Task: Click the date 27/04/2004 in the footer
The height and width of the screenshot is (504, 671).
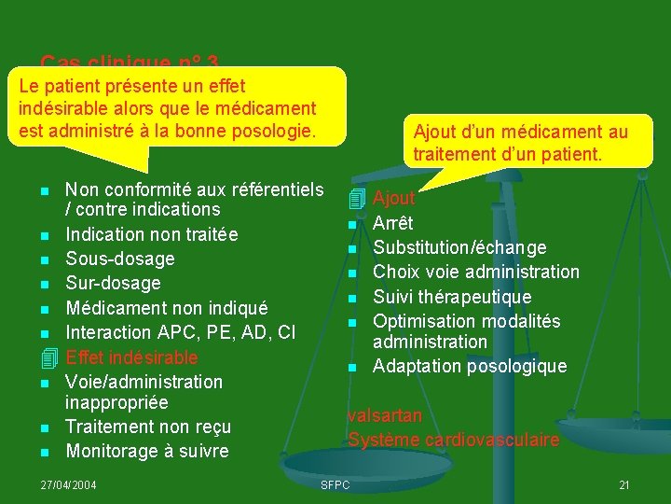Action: [x=71, y=484]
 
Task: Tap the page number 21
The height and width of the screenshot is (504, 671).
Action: [x=624, y=484]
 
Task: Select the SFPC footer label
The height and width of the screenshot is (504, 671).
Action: [x=335, y=484]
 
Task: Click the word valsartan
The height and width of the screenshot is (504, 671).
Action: [x=385, y=416]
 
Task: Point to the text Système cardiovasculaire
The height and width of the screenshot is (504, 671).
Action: [x=454, y=440]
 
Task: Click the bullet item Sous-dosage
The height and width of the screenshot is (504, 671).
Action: [x=120, y=259]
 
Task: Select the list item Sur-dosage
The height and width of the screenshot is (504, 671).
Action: [x=113, y=283]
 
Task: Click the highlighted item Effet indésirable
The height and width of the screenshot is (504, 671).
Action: [x=131, y=357]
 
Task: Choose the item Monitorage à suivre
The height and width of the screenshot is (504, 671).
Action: [x=146, y=452]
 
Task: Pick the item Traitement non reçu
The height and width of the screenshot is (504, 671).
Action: [x=148, y=427]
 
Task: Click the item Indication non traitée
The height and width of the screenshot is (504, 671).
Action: [x=152, y=234]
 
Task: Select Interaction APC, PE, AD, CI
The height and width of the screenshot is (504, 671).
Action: [x=181, y=332]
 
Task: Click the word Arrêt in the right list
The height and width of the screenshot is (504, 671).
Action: [x=393, y=223]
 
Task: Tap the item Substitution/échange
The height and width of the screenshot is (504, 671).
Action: [x=459, y=247]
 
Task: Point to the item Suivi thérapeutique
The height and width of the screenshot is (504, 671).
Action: [x=452, y=297]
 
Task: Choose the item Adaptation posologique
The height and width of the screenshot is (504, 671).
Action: [x=470, y=366]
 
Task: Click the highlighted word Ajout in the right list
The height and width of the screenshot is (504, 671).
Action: [x=394, y=198]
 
